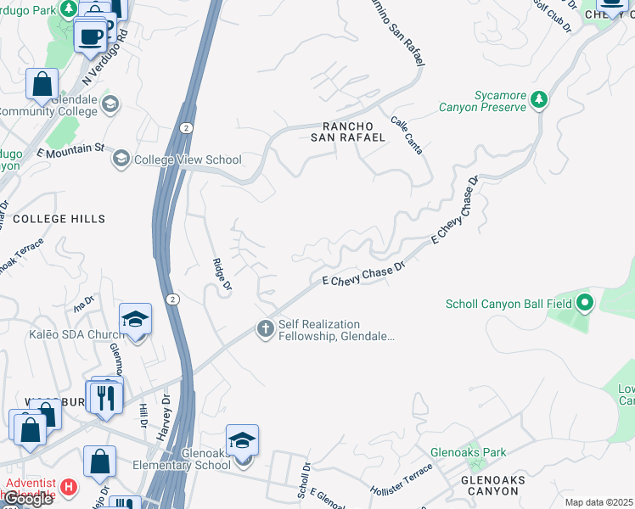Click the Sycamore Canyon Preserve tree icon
(538, 100)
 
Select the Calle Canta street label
(407, 135)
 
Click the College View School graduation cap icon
(121, 159)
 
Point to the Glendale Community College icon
(109, 104)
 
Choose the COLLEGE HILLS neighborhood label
(59, 219)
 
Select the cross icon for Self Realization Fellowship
(266, 328)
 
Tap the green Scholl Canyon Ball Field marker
(584, 303)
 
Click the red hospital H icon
(69, 489)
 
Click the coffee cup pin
(89, 37)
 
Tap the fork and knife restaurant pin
(106, 397)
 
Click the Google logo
(27, 500)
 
